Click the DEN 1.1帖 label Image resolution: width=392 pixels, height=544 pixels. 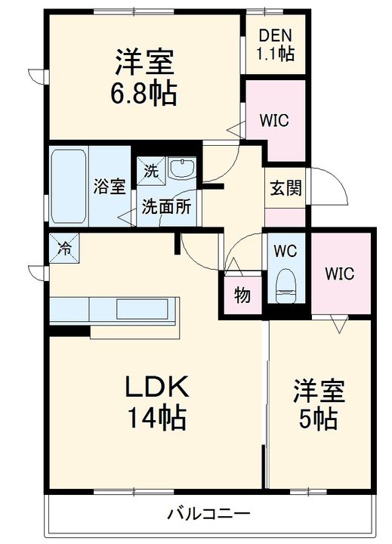pos(276,45)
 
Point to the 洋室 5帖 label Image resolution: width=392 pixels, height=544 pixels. pos(319,404)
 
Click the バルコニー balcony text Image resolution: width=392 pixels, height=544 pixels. pos(208,513)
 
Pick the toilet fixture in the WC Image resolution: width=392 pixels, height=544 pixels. pos(286,286)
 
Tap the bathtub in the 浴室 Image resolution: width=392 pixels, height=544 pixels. pos(68,187)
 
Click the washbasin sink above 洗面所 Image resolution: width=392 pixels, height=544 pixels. pos(182,168)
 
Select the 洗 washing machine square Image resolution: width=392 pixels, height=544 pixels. pos(151,171)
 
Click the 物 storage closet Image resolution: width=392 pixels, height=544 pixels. pos(242,295)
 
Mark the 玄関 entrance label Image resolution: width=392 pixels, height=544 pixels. pos(286,187)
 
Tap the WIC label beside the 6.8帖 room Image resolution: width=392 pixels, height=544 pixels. pos(274,120)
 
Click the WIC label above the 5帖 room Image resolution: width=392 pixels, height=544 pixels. pos(340,274)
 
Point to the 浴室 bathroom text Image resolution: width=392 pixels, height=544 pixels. pos(110,187)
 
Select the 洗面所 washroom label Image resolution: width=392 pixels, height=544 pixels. pos(166,207)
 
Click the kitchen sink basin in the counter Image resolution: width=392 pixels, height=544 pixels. pos(142,309)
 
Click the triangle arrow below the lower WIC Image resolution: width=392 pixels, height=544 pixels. pos(339,324)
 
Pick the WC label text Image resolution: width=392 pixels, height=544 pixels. pos(286,251)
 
